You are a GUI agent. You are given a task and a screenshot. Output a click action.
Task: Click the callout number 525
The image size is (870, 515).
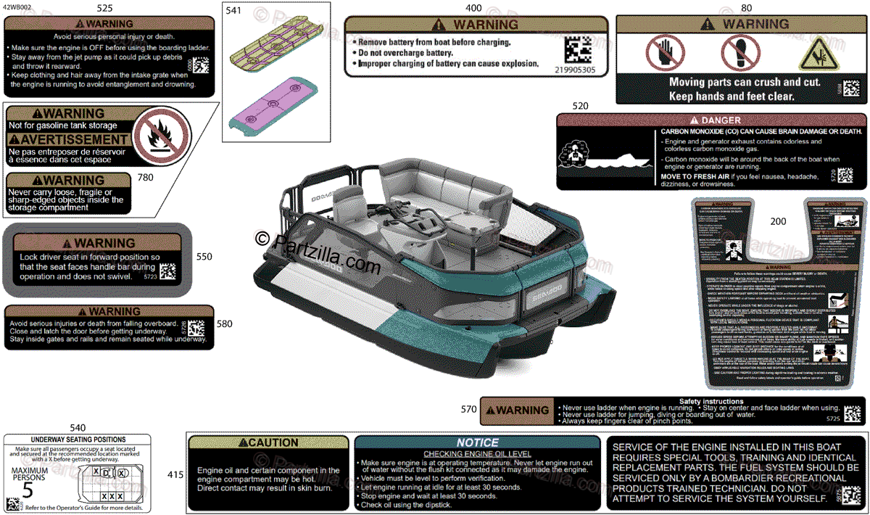click(x=104, y=9)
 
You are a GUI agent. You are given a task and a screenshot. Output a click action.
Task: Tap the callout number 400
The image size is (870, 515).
click(x=473, y=9)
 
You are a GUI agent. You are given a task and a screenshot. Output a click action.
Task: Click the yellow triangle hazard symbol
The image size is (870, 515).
click(x=816, y=54)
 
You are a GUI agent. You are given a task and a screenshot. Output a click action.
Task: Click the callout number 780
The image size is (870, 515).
click(x=146, y=177)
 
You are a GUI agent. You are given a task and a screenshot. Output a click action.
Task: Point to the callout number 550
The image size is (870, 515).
click(x=204, y=256)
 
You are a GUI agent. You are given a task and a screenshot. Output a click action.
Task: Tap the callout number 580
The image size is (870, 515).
click(x=225, y=324)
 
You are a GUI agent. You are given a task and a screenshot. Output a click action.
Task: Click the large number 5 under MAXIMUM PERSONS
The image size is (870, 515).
click(x=27, y=488)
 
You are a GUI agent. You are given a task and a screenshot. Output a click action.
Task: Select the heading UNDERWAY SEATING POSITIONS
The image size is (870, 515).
click(x=78, y=440)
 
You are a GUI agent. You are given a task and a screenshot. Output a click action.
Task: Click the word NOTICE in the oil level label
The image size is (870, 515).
click(x=477, y=442)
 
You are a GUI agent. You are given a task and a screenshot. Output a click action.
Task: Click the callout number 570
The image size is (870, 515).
click(x=469, y=410)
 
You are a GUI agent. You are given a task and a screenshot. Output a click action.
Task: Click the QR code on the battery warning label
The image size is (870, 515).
click(x=577, y=50)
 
